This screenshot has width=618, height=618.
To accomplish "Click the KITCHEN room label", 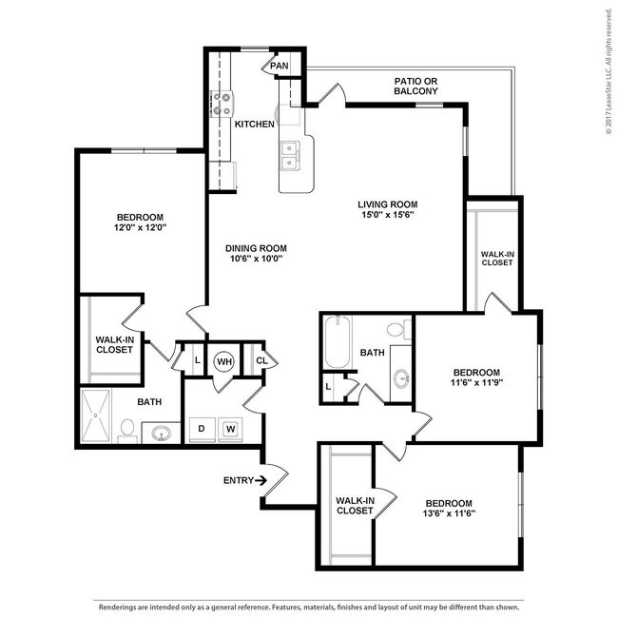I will (x=255, y=125).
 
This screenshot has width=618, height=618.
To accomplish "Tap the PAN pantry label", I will (x=280, y=66).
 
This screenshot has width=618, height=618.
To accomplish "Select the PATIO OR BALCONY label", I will (x=416, y=87).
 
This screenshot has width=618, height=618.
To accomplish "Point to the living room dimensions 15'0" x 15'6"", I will (x=387, y=215).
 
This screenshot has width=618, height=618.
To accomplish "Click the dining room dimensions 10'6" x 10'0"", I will (x=256, y=260).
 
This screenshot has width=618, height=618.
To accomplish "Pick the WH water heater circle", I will (x=224, y=361).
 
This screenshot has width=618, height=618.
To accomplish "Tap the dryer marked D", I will (x=202, y=429).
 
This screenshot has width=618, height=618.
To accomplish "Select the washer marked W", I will (x=229, y=429).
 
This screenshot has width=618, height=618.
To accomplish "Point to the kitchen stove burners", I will (x=222, y=103).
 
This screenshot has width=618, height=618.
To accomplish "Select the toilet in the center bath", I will (x=407, y=330).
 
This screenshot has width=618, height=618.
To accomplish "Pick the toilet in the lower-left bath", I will (x=126, y=432).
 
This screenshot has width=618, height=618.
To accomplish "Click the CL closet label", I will (x=261, y=360).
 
